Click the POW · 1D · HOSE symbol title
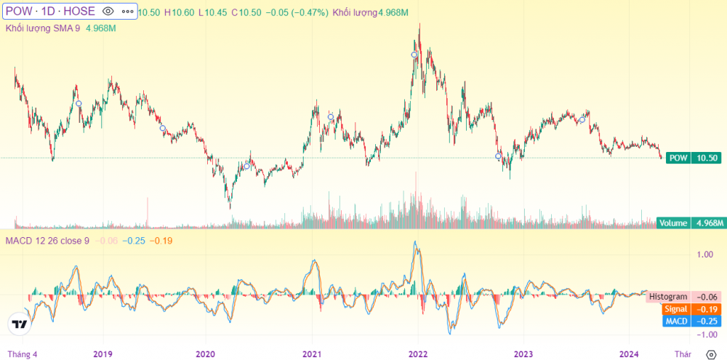[49, 12]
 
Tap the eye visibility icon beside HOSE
[108, 12]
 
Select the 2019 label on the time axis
[103, 354]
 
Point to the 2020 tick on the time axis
[205, 354]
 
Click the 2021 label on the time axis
[312, 354]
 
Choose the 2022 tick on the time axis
[417, 354]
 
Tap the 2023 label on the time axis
[523, 354]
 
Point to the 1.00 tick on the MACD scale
[704, 255]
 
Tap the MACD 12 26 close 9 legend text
[47, 240]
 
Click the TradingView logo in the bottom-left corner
[20, 324]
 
